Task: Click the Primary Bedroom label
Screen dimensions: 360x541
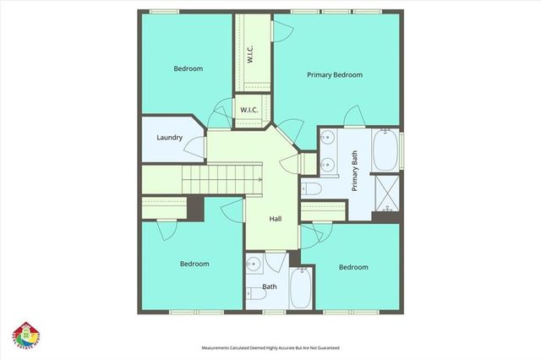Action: (334, 75)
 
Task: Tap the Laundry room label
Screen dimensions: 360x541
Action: (170, 138)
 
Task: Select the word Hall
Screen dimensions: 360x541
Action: (276, 219)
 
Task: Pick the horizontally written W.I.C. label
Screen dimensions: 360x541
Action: (250, 111)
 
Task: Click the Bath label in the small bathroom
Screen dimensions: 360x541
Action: (269, 286)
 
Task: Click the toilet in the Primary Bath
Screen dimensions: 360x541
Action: (309, 188)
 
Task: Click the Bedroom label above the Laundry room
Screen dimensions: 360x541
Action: (189, 68)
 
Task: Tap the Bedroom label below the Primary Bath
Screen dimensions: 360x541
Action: (353, 267)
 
